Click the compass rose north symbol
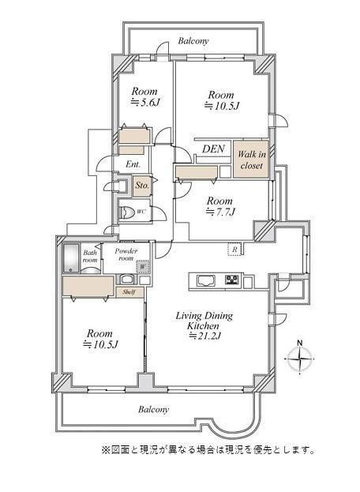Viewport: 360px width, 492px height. pos(300,358)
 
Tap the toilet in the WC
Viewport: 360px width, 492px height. pos(126,212)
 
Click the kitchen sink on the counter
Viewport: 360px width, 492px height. pos(206,280)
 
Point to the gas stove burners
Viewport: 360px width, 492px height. pos(232,280)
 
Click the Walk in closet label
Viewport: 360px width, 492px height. pos(252,160)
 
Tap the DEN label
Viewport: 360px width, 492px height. pos(214,148)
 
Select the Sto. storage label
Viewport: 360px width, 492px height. pos(142,186)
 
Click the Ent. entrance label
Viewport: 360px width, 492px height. pos(133,163)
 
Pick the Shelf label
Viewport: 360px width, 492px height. pos(129,292)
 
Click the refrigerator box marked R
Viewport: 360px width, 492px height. pos(234,250)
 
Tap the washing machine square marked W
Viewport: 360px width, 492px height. pos(142,267)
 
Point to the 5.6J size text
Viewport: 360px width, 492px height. pos(145,103)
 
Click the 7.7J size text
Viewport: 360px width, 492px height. pos(220,212)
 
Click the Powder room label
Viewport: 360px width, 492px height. pos(126,254)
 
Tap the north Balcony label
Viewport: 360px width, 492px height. pos(193,41)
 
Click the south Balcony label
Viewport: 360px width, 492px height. pos(154,410)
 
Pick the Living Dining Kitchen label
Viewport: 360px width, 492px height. pos(204,321)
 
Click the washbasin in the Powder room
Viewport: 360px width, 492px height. pos(128,279)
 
